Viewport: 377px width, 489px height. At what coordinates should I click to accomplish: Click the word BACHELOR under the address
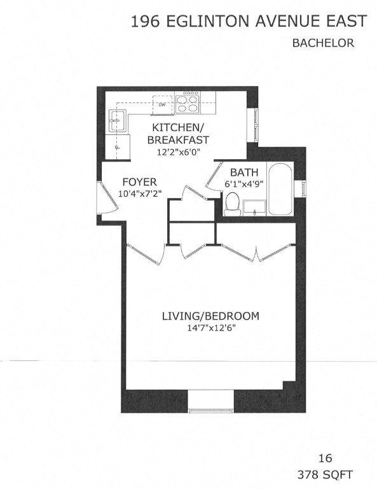322,43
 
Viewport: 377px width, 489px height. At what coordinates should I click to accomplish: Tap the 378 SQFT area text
325,474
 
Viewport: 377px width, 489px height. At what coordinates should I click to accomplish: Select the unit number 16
325,458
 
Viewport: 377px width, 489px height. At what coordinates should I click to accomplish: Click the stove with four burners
187,103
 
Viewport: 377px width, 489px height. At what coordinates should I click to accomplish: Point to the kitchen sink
117,119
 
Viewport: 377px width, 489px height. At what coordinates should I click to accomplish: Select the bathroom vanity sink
255,208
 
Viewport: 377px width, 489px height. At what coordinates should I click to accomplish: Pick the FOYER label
139,181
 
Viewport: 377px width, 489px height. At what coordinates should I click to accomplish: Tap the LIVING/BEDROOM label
210,316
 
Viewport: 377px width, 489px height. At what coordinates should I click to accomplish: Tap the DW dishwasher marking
163,104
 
